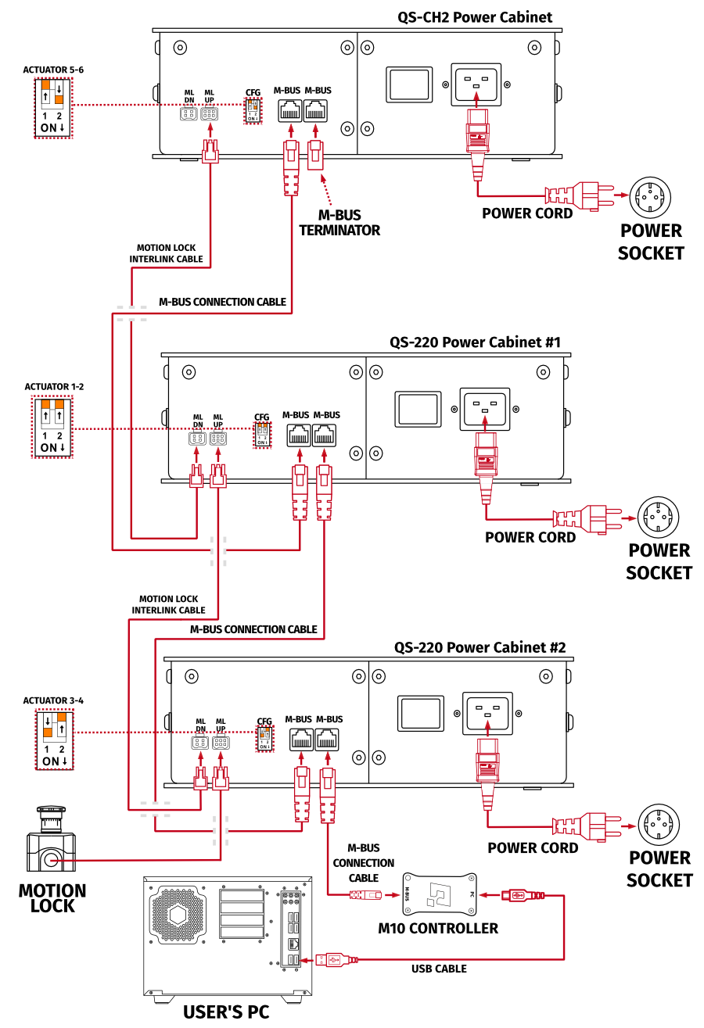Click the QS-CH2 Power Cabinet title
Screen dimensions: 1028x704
click(475, 17)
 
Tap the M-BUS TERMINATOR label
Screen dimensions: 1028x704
click(339, 223)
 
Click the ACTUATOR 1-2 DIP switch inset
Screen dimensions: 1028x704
click(52, 427)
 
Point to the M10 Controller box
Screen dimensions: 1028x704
click(440, 894)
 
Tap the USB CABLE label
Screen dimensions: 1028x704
click(439, 969)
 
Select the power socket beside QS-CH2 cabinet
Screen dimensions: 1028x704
click(651, 197)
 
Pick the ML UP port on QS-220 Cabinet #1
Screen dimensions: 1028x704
click(217, 440)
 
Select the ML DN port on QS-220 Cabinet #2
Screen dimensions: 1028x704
click(200, 744)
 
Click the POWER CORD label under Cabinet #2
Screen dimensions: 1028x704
click(533, 847)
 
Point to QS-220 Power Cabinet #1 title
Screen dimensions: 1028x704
click(475, 342)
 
